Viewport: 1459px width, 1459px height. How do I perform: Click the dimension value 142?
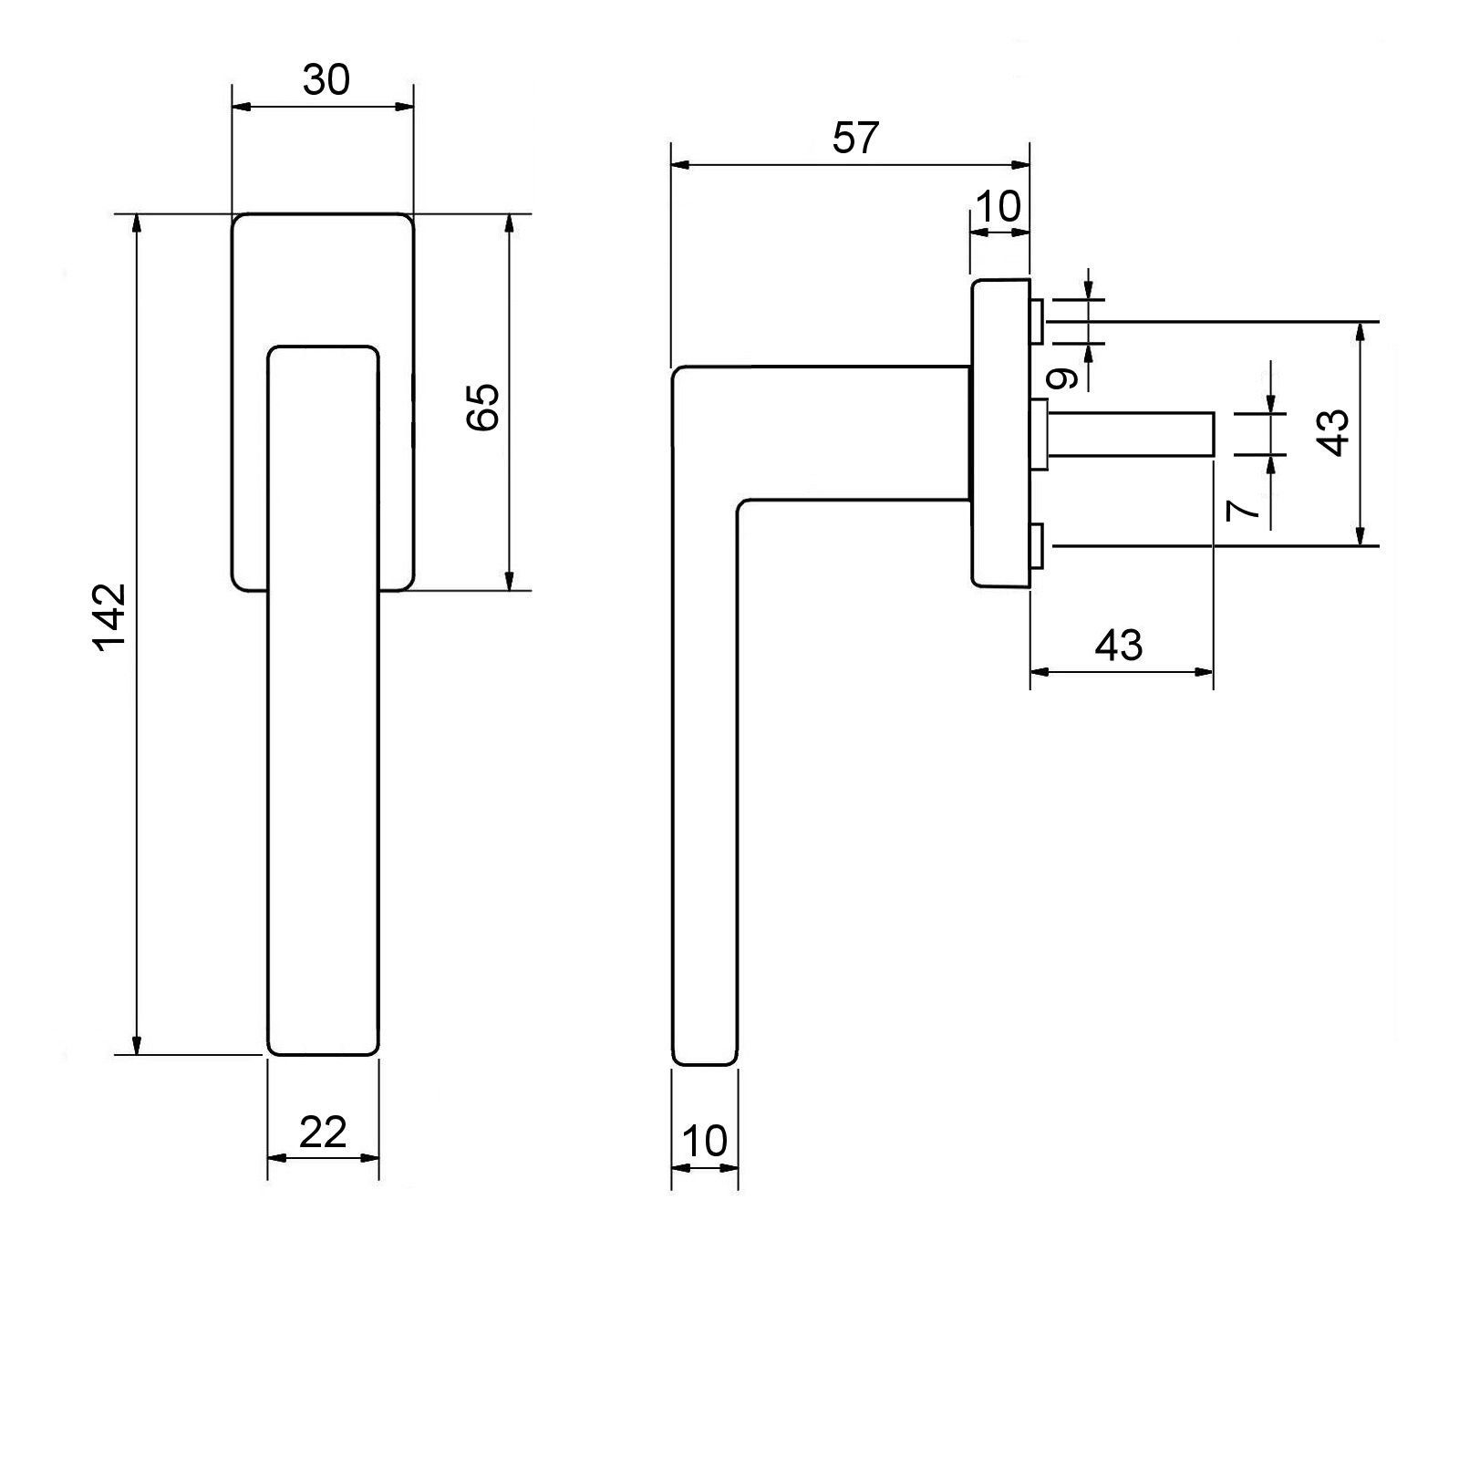pos(109,616)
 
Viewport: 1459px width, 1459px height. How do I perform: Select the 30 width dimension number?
pos(326,80)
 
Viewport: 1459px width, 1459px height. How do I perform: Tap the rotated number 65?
pos(483,407)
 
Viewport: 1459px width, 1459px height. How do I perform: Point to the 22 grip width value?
pos(323,1133)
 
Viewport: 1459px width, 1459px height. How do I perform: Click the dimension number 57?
pos(855,138)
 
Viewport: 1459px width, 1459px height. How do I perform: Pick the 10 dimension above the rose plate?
pos(999,207)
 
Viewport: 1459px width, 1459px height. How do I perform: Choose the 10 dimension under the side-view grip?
pos(704,1141)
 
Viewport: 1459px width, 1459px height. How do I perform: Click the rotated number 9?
pos(1063,377)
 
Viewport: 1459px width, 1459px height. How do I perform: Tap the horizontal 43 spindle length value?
pos(1119,646)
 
